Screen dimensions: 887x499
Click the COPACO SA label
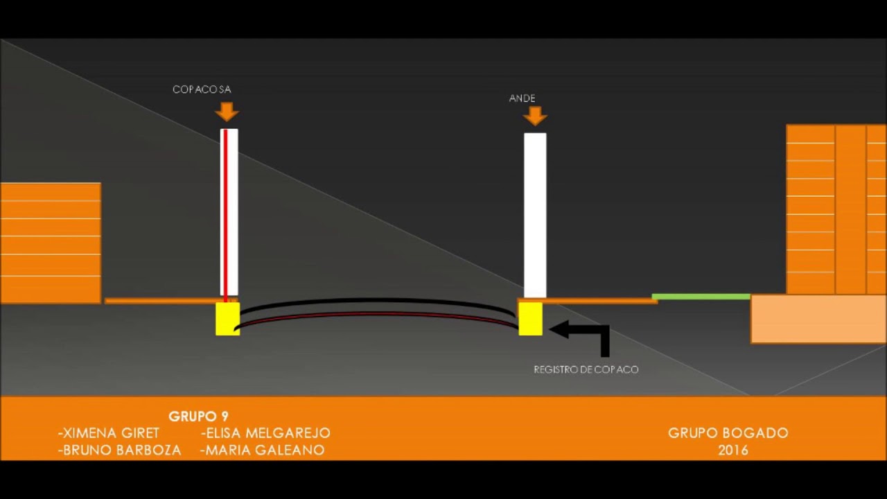point(202,89)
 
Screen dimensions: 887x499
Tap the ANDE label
point(522,98)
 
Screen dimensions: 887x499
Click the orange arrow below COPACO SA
point(227,112)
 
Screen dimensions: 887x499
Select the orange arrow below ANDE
point(535,116)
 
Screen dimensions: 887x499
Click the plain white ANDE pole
point(536,215)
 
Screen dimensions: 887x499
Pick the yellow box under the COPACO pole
point(228,319)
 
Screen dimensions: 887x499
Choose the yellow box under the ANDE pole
point(531,319)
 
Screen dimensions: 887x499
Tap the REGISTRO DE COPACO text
point(586,369)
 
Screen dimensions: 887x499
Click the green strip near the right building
point(701,297)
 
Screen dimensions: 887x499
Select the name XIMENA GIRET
point(109,433)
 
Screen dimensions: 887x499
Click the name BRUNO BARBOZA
point(120,450)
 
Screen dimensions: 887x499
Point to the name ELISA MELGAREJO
point(265,433)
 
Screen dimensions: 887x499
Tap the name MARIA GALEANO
point(263,450)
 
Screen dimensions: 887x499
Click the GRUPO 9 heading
point(198,417)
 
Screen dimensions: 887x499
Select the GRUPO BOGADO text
point(728,433)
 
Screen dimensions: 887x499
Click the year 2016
point(733,450)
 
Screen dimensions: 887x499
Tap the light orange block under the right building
point(818,319)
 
